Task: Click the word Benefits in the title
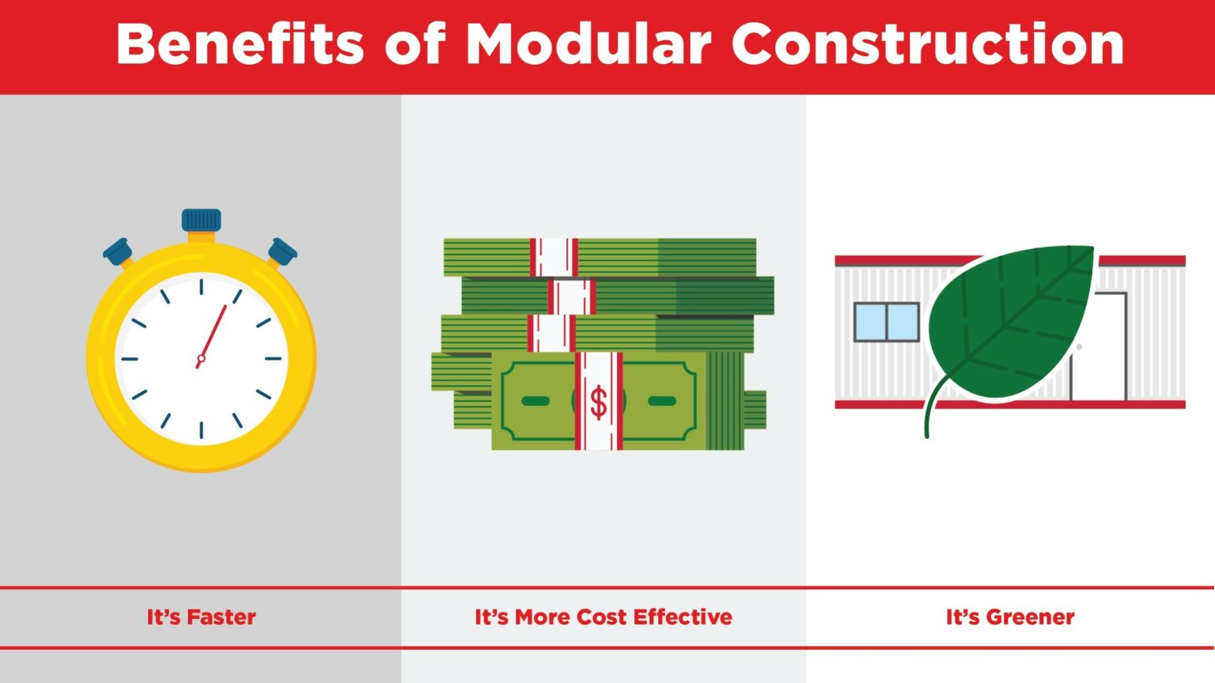[240, 44]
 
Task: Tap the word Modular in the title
[588, 44]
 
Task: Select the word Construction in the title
[927, 44]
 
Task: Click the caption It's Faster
[201, 617]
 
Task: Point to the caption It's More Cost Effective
[603, 617]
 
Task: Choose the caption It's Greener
[1010, 617]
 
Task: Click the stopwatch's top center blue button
[201, 220]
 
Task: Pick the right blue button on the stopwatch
[282, 251]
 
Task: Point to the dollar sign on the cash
[599, 402]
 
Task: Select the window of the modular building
[886, 322]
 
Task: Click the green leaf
[1012, 324]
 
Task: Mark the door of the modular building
[1103, 348]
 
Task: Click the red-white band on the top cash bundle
[554, 257]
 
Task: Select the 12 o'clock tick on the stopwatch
[201, 286]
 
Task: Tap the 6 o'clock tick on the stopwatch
[201, 430]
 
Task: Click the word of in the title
[415, 44]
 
